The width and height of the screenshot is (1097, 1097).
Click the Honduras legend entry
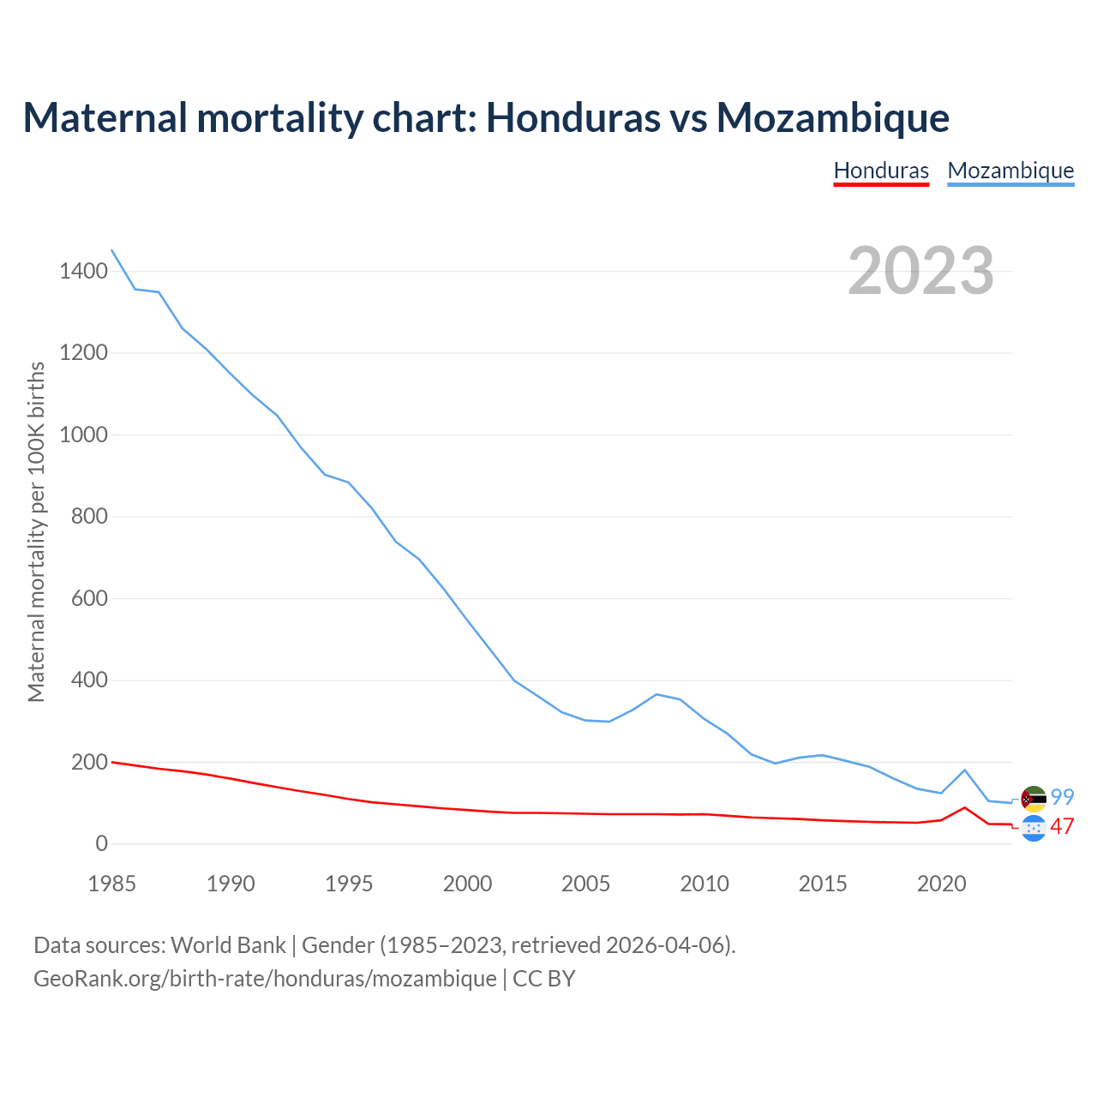881,171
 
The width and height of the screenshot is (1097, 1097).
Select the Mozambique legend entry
1010,171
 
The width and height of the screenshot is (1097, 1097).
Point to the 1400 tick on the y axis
83,272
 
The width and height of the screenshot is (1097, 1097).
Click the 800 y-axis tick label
89,517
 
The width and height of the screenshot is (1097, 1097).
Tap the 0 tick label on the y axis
102,844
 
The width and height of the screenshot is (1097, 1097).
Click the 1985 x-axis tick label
112,884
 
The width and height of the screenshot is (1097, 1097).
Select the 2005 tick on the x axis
586,884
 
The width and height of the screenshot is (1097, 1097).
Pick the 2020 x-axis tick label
941,884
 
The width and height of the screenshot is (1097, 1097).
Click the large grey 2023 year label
920,271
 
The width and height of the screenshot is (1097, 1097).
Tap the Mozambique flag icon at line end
1034,799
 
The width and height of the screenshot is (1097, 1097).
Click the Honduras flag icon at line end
1034,828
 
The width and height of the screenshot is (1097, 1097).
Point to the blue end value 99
1063,797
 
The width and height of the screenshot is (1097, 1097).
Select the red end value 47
1063,827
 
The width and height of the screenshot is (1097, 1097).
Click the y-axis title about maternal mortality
36,531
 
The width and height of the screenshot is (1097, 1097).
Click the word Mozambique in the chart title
833,117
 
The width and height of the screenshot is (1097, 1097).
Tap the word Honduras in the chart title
572,117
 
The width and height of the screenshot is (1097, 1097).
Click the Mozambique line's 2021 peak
965,770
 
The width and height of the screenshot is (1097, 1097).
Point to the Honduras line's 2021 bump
965,807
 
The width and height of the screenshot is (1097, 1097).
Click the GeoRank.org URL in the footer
265,978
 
